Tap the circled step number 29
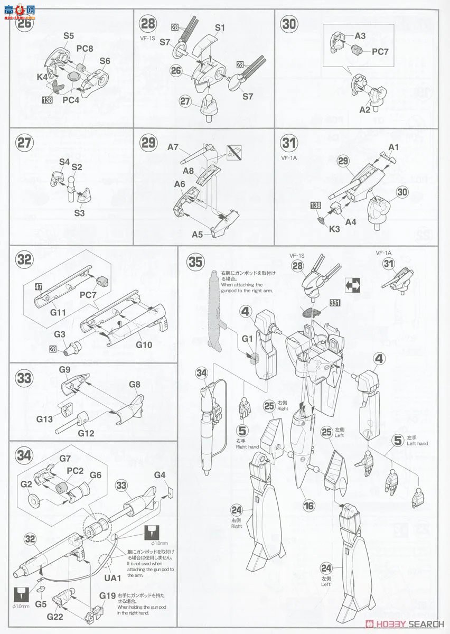point(148,144)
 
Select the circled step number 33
point(24,378)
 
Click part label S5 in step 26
point(69,36)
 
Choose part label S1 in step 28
point(220,27)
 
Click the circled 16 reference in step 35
point(309,506)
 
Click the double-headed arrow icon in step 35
point(353,286)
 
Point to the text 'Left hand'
point(417,444)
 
